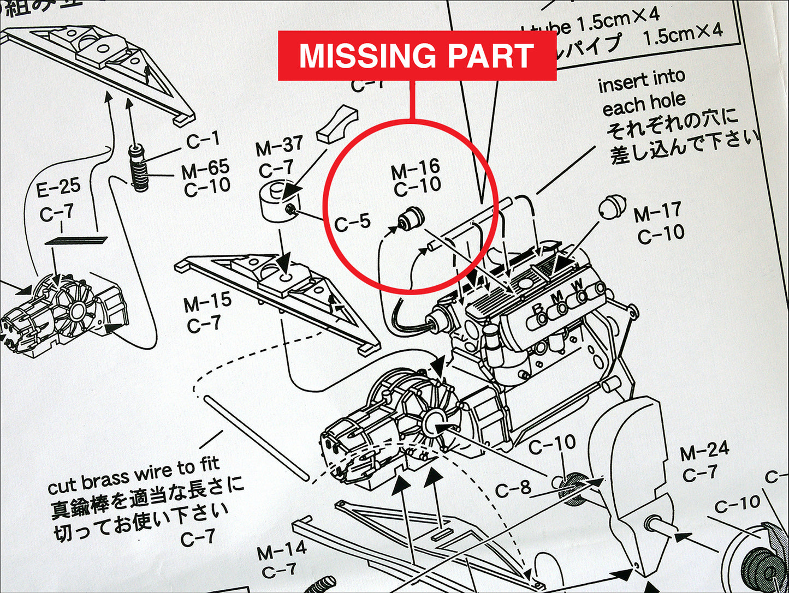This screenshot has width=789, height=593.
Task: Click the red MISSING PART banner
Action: [x=417, y=56]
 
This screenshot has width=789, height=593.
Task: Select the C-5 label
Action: [x=352, y=222]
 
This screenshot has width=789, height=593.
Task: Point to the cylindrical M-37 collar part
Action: [x=276, y=202]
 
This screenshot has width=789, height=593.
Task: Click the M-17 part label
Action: [x=657, y=212]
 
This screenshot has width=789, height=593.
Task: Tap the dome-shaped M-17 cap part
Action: [x=612, y=206]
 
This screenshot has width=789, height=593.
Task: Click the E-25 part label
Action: [x=58, y=189]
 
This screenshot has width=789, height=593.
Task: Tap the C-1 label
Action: [x=203, y=141]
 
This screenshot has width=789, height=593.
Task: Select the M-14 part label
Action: [x=282, y=552]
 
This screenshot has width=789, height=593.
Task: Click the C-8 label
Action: [x=513, y=489]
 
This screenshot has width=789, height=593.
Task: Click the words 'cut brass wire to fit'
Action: [x=134, y=476]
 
